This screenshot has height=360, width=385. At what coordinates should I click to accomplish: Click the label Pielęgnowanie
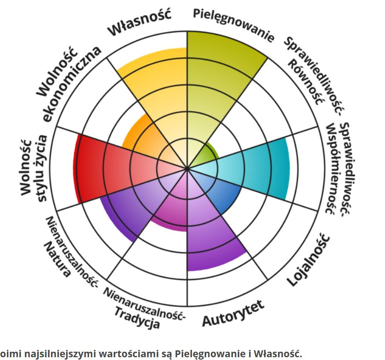(x=232, y=23)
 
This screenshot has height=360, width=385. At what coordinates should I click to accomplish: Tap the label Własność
(x=139, y=22)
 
